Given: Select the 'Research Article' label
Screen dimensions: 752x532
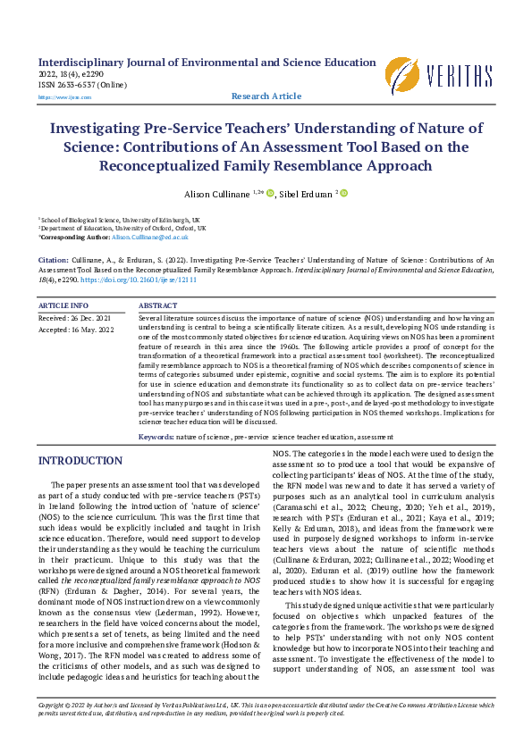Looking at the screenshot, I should pos(266,96).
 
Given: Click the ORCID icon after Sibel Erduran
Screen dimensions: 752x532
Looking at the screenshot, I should pos(343,193).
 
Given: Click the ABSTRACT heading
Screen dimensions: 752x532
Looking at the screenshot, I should pos(158,305).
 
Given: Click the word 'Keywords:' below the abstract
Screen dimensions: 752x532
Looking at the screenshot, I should pos(156,438).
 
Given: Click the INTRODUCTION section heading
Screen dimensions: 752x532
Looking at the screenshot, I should pos(73,461).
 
